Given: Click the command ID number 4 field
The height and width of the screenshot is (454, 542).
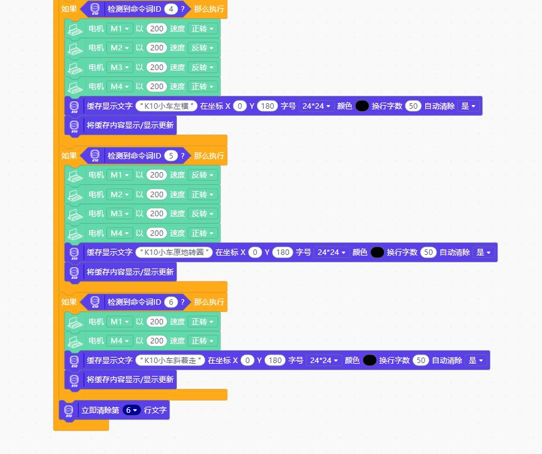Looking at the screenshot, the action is (171, 9).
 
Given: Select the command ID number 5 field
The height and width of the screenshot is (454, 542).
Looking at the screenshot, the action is (171, 156).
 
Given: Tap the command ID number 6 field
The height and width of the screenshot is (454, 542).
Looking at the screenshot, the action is (171, 302).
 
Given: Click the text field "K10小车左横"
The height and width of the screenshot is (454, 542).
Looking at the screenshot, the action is (167, 106).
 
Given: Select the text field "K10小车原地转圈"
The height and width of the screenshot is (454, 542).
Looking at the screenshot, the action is (174, 252).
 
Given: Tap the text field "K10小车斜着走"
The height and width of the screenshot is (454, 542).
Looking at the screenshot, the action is (170, 361).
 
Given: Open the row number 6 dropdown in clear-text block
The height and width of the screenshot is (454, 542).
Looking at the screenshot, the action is (132, 410).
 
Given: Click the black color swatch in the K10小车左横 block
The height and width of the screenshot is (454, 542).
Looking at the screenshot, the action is (362, 106).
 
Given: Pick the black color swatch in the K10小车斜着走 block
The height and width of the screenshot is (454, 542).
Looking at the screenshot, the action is (369, 361).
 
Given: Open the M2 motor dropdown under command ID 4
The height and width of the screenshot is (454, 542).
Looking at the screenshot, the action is (120, 48).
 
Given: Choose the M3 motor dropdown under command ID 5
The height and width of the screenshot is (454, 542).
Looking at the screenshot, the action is (120, 214).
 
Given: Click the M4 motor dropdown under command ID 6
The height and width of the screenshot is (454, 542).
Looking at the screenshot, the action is (120, 341).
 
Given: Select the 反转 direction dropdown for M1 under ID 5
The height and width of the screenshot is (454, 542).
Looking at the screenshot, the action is (203, 175).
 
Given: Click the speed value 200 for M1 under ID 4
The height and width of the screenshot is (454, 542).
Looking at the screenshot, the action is (157, 29).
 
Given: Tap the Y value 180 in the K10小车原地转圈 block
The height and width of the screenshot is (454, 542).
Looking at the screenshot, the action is (283, 252).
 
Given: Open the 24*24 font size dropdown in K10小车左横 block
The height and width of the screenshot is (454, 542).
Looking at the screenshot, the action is (316, 106).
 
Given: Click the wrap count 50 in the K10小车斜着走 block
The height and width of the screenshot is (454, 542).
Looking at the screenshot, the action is (421, 361).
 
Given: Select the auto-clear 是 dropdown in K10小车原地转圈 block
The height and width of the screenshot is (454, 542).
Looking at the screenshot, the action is (484, 252).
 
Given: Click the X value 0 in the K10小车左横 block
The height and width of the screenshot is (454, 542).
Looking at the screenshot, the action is (240, 106).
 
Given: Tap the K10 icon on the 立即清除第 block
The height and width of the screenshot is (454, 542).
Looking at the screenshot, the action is (69, 410).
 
